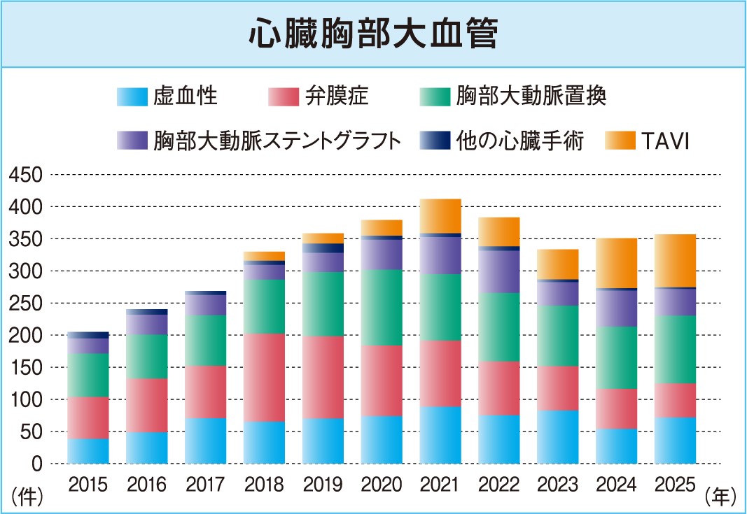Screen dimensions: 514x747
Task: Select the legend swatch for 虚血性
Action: [132, 97]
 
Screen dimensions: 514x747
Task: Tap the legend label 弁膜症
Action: [336, 97]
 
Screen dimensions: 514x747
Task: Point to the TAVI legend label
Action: [664, 141]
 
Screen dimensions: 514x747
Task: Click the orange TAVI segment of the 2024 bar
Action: [617, 263]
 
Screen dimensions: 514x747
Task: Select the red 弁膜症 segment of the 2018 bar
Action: [264, 377]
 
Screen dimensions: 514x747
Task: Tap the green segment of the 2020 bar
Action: [382, 307]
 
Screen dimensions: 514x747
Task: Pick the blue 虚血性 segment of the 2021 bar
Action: [440, 435]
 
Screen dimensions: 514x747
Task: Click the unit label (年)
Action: [720, 497]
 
